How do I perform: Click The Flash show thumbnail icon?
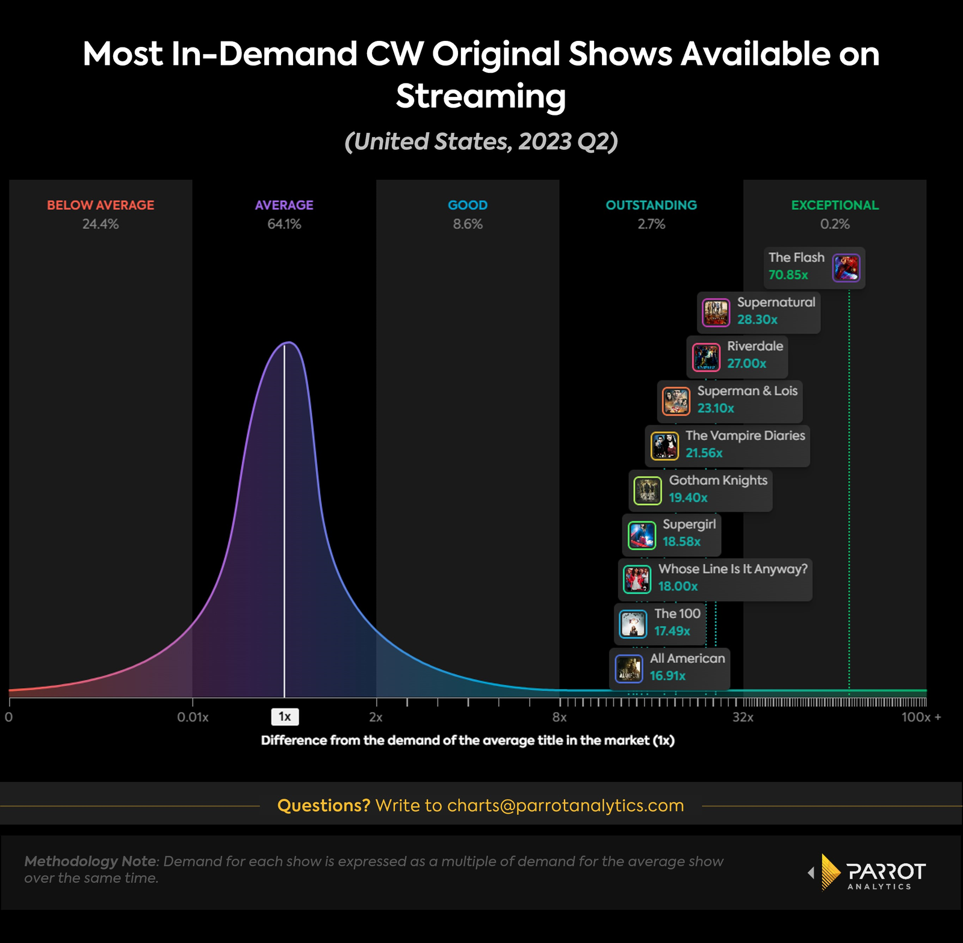(846, 268)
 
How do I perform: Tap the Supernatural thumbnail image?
(716, 313)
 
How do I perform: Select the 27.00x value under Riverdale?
(746, 363)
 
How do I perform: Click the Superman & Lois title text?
(747, 391)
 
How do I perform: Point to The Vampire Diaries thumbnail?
(664, 446)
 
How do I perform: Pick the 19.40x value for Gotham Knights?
(688, 497)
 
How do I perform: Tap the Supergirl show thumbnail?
(642, 535)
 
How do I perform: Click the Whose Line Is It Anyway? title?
(732, 569)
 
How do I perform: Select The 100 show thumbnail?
(633, 624)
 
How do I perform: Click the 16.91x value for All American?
(667, 675)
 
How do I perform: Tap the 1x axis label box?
(285, 717)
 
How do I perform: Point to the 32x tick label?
(743, 717)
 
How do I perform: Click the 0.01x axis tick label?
(193, 717)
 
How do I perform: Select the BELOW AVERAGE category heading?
(101, 205)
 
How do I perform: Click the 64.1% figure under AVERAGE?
(284, 224)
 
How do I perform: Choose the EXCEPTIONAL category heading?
(835, 205)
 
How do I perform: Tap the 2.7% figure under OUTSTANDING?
(651, 224)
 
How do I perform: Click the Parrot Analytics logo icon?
(831, 871)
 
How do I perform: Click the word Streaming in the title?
(481, 96)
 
